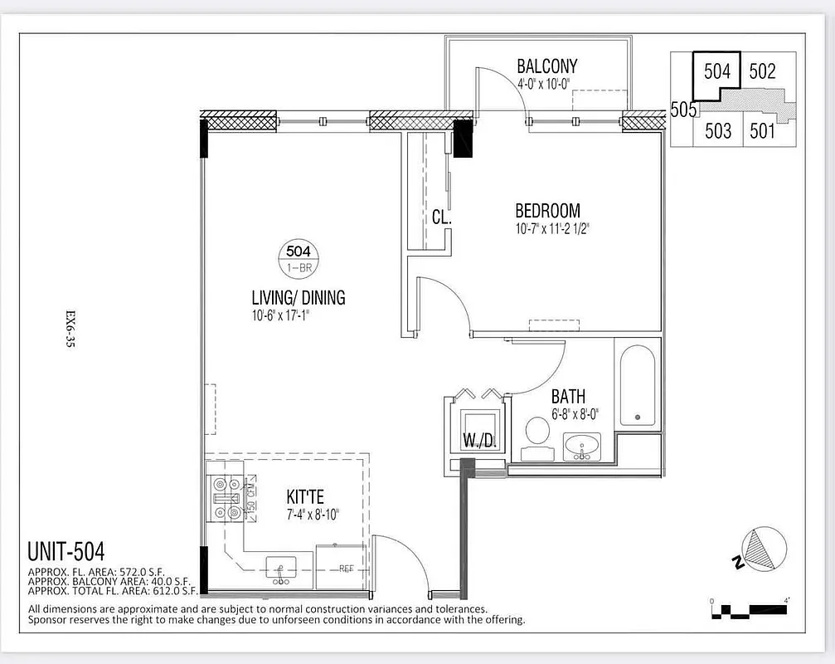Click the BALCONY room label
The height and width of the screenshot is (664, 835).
pos(546,66)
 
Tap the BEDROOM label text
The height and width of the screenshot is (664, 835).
pos(547,211)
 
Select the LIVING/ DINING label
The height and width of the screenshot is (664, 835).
pos(298,297)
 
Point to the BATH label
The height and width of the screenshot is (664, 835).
pos(568,398)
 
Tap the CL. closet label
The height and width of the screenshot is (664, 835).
pos(440,217)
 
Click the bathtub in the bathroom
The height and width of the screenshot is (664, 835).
pos(636,386)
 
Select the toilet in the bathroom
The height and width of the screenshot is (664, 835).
pos(538,433)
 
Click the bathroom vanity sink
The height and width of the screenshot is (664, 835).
pos(584,447)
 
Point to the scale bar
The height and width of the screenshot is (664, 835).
pos(750,611)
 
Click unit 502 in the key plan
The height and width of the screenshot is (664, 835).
pos(762,72)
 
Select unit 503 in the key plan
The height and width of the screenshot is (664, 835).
pos(718,130)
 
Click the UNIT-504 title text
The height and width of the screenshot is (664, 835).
pos(66,551)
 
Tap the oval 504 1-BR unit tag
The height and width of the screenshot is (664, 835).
pos(298,256)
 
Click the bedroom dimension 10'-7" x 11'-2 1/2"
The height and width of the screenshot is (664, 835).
pos(551,228)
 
